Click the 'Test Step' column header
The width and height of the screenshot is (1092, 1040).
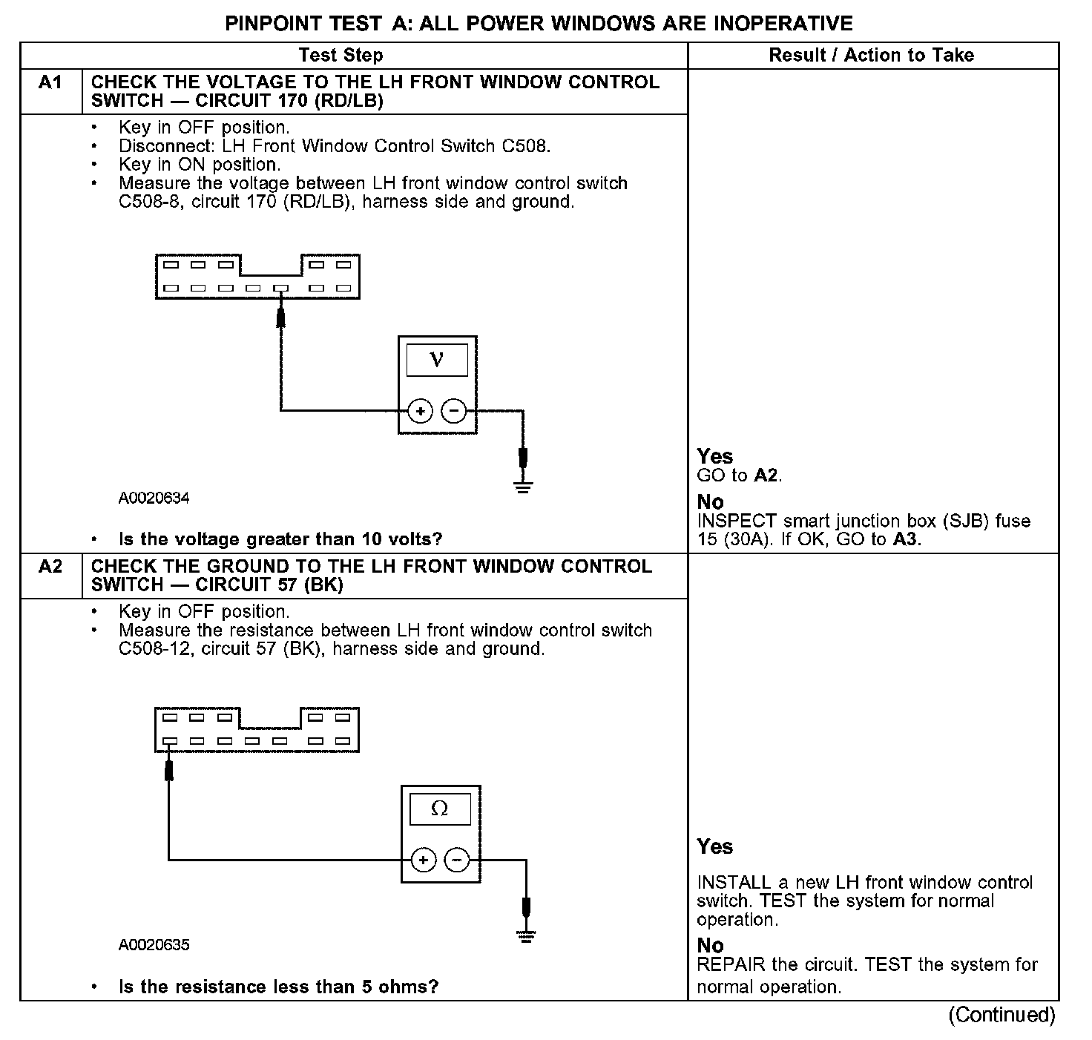(x=341, y=55)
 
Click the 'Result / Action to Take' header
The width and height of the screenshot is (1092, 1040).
(x=871, y=55)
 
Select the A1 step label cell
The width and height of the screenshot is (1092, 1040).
(x=50, y=82)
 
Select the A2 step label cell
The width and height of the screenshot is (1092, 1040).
(x=50, y=567)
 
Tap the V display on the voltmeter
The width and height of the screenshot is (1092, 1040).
(x=437, y=361)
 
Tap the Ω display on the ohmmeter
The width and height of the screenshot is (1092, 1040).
(x=440, y=809)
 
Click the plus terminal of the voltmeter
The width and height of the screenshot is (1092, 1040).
(x=420, y=410)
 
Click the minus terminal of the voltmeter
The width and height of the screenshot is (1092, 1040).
(x=454, y=410)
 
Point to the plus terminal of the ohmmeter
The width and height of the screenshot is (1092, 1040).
(x=423, y=860)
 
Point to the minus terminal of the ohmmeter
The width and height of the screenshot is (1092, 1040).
(x=457, y=860)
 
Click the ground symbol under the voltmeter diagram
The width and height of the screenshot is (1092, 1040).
(x=524, y=487)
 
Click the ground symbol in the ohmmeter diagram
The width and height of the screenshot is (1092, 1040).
(x=527, y=936)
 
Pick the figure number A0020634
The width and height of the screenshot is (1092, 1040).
(x=154, y=498)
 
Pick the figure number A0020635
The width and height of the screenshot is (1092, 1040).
(x=154, y=944)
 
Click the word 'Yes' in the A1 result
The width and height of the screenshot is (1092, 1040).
(x=714, y=456)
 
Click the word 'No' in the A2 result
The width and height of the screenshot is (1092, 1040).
(x=710, y=945)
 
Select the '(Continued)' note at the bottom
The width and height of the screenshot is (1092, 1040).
(x=1001, y=1014)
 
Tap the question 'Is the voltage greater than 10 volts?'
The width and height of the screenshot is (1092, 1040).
(x=280, y=539)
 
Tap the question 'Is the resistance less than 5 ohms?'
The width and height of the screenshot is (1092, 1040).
(x=278, y=987)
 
